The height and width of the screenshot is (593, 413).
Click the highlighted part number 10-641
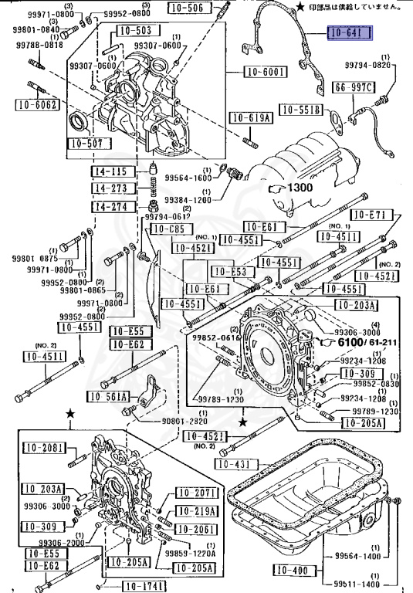tap(350, 33)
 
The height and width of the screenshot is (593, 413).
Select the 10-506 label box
tap(184, 9)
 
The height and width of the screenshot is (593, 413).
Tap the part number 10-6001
tap(266, 73)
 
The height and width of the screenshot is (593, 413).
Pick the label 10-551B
tap(300, 110)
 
